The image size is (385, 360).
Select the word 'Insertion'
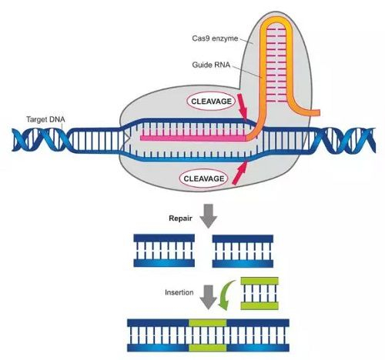tap(179, 293)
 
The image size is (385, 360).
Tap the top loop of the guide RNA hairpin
tap(274, 23)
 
